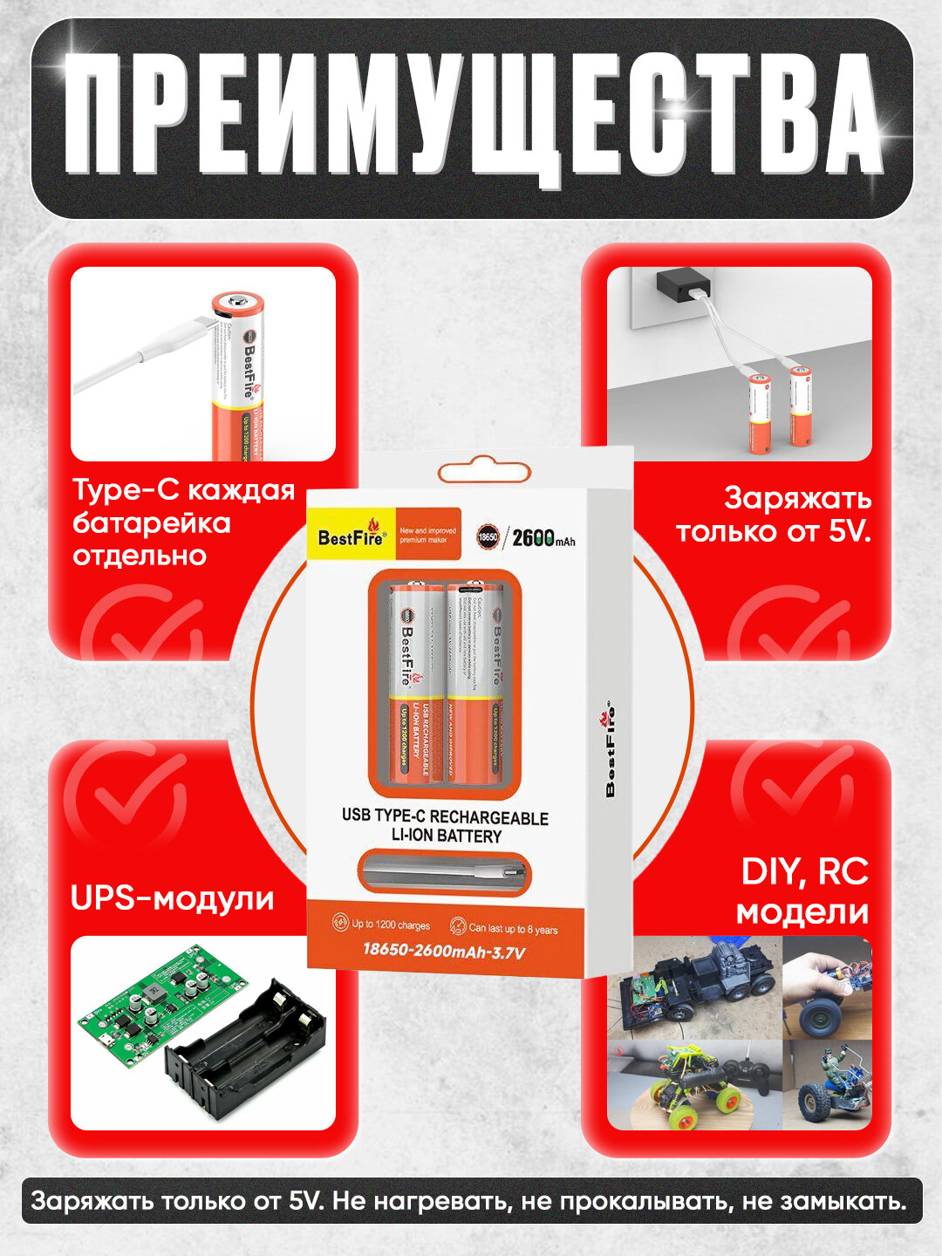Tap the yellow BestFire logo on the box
[351, 534]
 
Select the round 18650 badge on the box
[488, 537]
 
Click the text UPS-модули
[172, 898]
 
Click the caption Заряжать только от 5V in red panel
[774, 515]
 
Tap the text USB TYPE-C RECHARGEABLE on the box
[445, 817]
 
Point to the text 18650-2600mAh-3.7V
[444, 951]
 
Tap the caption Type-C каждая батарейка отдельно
[183, 522]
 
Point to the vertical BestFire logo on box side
[610, 749]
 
